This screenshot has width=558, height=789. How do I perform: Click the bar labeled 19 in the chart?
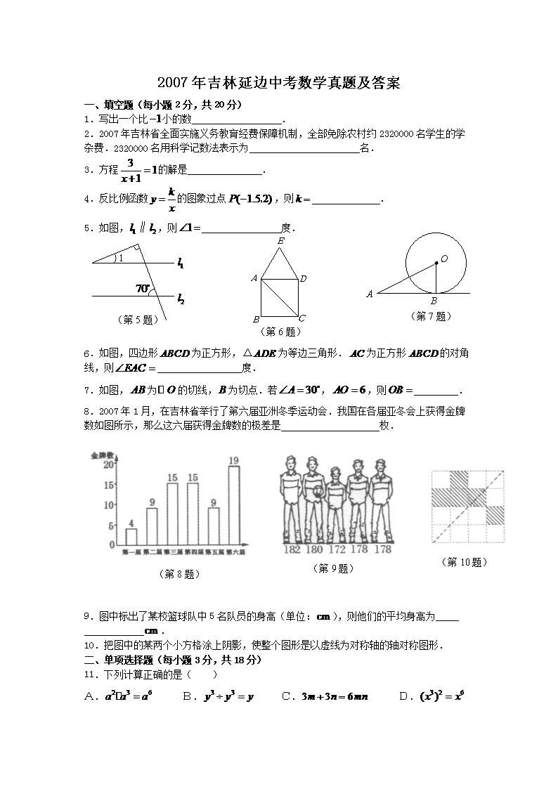234,505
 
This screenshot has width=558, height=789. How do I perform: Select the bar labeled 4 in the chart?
131,537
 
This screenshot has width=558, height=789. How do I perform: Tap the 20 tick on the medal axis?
110,464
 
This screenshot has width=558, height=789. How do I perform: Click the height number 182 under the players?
292,549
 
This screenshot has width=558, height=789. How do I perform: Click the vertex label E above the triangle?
281,241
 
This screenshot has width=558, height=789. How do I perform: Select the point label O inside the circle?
444,259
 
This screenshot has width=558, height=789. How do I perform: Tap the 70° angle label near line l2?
143,288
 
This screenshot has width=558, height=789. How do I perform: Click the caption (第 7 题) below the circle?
430,316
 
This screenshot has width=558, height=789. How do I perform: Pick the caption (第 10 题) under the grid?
465,562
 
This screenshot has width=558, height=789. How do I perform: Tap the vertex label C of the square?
302,318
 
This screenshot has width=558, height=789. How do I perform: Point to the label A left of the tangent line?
370,294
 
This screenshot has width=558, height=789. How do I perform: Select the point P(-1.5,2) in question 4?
250,200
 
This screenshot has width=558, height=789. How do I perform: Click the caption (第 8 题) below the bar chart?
181,574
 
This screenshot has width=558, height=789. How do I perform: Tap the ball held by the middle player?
318,493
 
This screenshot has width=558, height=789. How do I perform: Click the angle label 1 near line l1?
120,258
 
